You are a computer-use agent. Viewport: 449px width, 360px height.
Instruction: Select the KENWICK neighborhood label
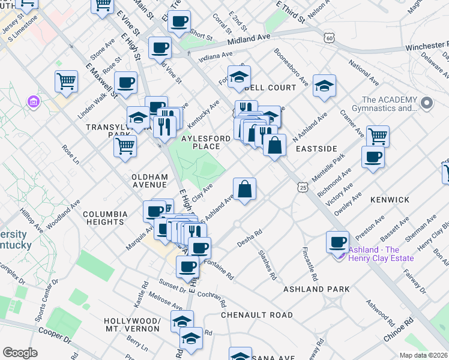pos(390,199)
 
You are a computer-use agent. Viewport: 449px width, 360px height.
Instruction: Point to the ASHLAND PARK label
pos(316,289)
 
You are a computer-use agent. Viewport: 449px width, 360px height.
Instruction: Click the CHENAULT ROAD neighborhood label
pos(257,315)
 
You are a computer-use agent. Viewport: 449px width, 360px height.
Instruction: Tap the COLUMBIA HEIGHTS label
pos(105,218)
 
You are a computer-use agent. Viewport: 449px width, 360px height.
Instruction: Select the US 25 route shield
pos(301,188)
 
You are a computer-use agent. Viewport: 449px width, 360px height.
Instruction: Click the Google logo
pos(20,353)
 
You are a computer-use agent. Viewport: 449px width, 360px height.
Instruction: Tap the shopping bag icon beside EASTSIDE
pos(274,145)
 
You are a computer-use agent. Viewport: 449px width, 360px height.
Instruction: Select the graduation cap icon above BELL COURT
pos(239,77)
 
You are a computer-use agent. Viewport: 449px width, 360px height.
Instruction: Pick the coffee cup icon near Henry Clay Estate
pos(338,242)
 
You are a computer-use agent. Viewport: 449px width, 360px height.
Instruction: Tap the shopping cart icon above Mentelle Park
pos(378,136)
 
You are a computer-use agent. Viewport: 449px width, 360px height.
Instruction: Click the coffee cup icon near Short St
pos(179,22)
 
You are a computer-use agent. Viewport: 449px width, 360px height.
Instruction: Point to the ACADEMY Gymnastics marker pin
pos(427,103)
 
